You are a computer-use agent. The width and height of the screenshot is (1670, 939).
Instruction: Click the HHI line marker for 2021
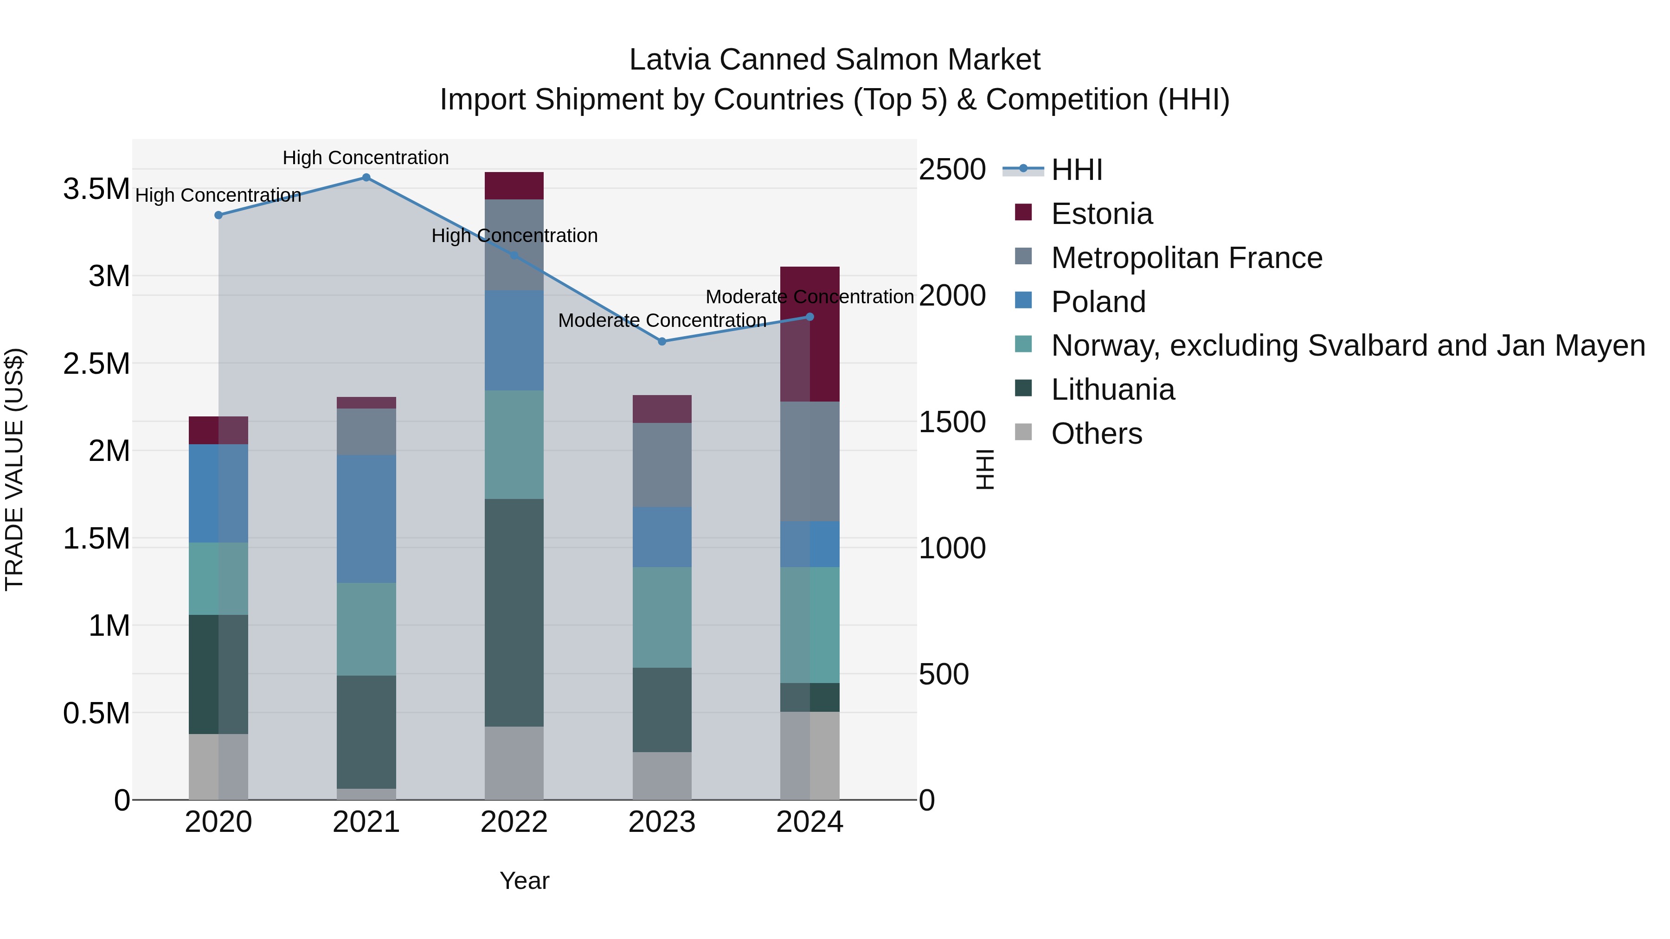tap(366, 178)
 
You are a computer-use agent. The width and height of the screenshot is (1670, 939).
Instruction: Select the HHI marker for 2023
tap(662, 341)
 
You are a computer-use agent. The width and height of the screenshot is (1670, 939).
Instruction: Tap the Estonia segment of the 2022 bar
tap(514, 186)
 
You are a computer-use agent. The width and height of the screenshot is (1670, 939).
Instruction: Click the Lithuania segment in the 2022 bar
tap(514, 613)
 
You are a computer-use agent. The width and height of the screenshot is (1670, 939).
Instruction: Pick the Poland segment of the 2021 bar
tap(366, 518)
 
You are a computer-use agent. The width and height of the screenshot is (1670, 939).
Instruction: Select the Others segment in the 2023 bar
tap(662, 776)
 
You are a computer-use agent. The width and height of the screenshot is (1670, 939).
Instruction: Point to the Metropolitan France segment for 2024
tap(809, 461)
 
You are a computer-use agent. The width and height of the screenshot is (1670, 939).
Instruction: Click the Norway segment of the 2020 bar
tap(218, 579)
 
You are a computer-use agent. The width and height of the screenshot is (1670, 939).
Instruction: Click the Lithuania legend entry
tap(1112, 390)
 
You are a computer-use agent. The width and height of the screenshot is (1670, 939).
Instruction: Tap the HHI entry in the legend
tap(1076, 170)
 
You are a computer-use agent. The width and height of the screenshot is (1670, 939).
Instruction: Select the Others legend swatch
tap(1023, 432)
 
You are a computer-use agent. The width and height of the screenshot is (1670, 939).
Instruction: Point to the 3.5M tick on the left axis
tap(96, 189)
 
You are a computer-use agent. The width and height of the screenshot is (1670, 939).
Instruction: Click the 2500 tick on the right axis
tap(952, 170)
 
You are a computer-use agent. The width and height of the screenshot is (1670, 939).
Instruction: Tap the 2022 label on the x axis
tap(514, 822)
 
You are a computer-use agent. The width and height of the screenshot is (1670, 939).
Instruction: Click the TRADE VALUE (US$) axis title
tap(14, 469)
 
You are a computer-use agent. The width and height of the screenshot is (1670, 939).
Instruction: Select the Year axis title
tap(525, 881)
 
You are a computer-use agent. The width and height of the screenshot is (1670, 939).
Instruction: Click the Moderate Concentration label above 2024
tap(809, 297)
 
